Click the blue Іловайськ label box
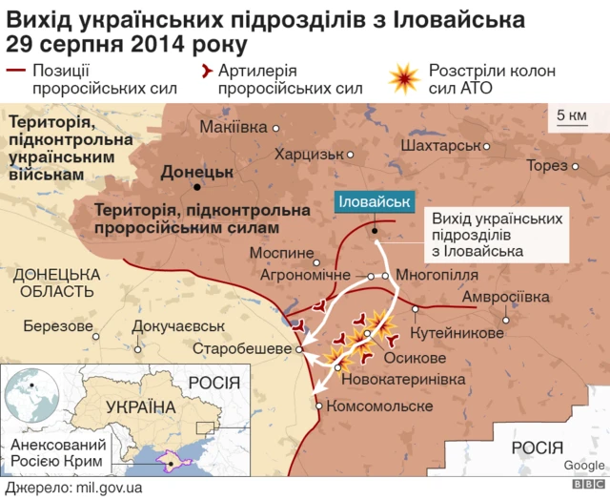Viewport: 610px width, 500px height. tap(374, 202)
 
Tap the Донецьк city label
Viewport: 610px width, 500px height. tap(197, 173)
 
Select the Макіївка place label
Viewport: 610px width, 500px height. tap(234, 128)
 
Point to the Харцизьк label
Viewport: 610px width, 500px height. tap(308, 153)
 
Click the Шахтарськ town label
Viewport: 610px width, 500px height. tap(440, 147)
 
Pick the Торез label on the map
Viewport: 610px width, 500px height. tap(546, 165)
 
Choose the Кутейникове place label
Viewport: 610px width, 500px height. tap(457, 333)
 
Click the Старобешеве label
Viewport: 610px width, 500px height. tap(242, 349)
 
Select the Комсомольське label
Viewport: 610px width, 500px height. tap(379, 406)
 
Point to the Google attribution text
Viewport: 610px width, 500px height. tap(583, 466)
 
